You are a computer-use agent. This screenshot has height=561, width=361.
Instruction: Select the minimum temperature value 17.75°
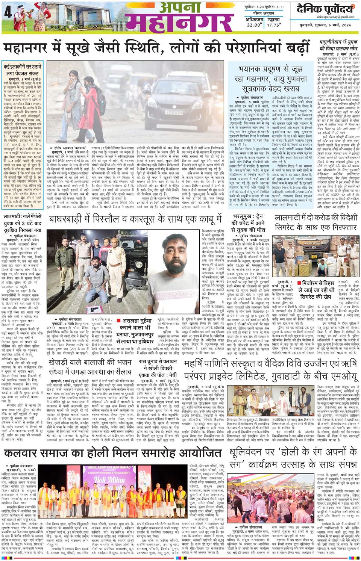tap(274, 25)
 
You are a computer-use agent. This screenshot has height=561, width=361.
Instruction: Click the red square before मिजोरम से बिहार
tap(300, 283)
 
